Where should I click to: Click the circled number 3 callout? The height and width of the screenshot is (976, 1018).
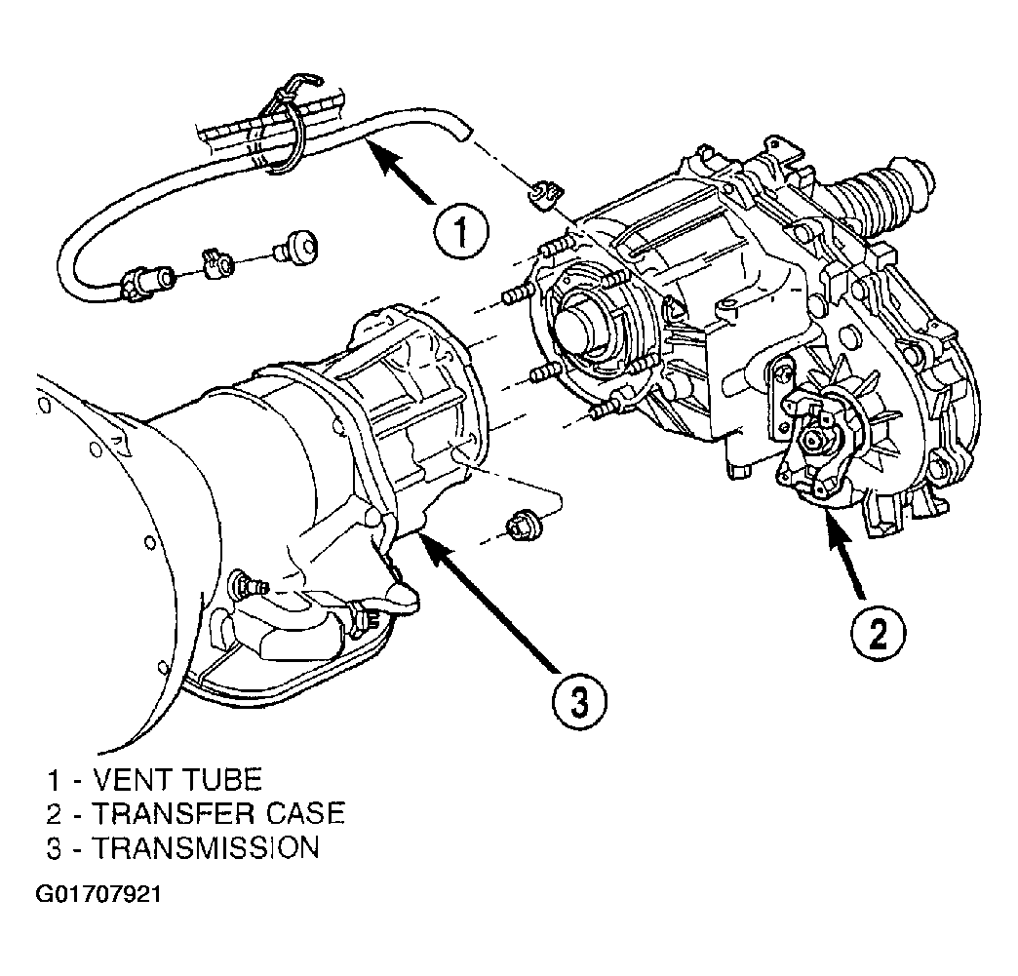coord(579,701)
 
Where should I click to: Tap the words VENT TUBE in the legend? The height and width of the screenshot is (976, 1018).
coord(176,779)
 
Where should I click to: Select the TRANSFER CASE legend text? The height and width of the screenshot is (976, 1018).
coord(217,813)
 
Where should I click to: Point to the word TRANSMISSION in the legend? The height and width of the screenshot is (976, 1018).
coord(205,847)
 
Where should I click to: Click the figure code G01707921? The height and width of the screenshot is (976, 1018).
coord(98,894)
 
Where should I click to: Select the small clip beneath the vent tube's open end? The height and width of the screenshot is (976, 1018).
coord(545,195)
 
